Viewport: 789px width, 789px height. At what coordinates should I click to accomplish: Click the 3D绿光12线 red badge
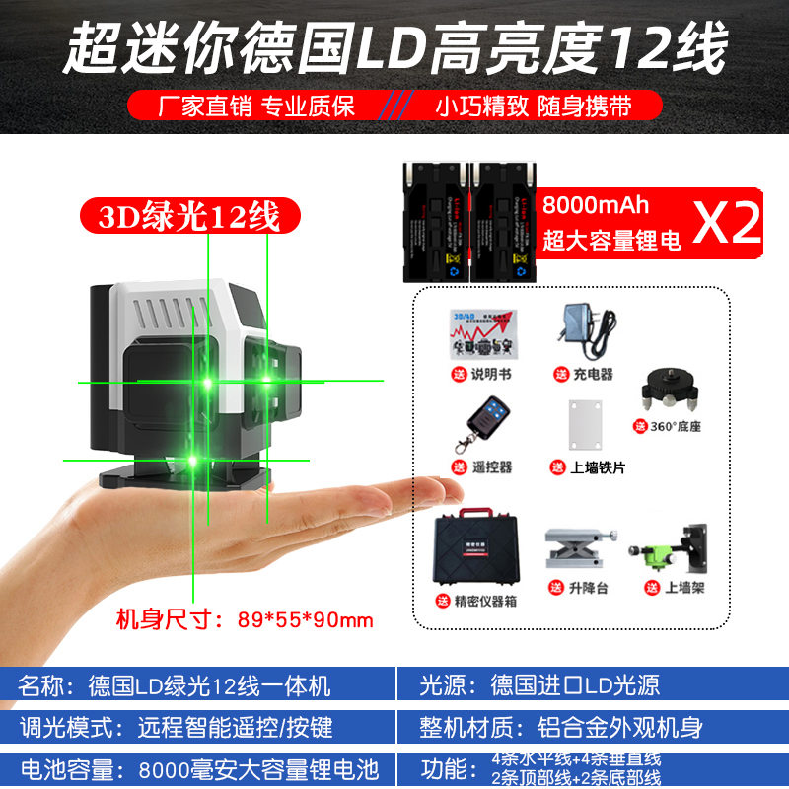point(188,214)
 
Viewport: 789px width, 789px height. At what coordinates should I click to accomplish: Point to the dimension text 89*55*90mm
point(306,619)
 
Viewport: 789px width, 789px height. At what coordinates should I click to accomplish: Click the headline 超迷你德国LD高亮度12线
point(394,46)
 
